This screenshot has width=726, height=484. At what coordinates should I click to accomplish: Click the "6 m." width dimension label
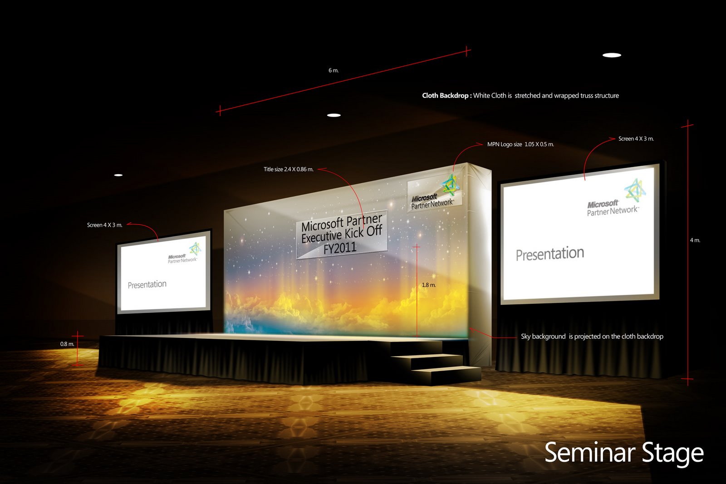tap(334, 70)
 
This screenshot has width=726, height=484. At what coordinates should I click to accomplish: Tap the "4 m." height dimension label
tap(695, 240)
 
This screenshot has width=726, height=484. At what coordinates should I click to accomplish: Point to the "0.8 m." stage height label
tap(67, 344)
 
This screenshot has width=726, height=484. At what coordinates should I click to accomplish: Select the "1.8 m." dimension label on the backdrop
tap(428, 285)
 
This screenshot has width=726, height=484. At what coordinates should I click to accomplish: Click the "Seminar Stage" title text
tap(623, 453)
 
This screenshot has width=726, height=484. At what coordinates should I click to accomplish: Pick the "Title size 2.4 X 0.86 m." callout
tap(289, 169)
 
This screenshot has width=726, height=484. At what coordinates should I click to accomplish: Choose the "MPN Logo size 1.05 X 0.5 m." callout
tap(520, 144)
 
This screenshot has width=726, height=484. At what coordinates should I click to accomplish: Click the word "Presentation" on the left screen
tap(147, 284)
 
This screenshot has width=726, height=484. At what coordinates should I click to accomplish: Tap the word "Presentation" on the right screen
tap(549, 254)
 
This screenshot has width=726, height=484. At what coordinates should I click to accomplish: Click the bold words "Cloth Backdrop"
tap(445, 95)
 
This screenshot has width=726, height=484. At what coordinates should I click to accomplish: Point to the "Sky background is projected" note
tap(592, 336)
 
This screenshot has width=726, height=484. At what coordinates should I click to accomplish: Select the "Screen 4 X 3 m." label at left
tap(105, 225)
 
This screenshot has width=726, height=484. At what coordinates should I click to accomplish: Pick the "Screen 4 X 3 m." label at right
tap(636, 138)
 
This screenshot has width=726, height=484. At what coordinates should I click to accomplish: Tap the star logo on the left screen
tap(196, 249)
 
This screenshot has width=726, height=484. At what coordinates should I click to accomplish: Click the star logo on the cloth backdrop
tap(451, 184)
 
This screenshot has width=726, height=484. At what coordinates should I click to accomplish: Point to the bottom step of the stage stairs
tap(447, 375)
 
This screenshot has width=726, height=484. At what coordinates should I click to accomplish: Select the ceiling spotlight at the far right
tap(612, 55)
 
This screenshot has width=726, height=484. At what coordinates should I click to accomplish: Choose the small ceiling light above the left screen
tap(118, 175)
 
